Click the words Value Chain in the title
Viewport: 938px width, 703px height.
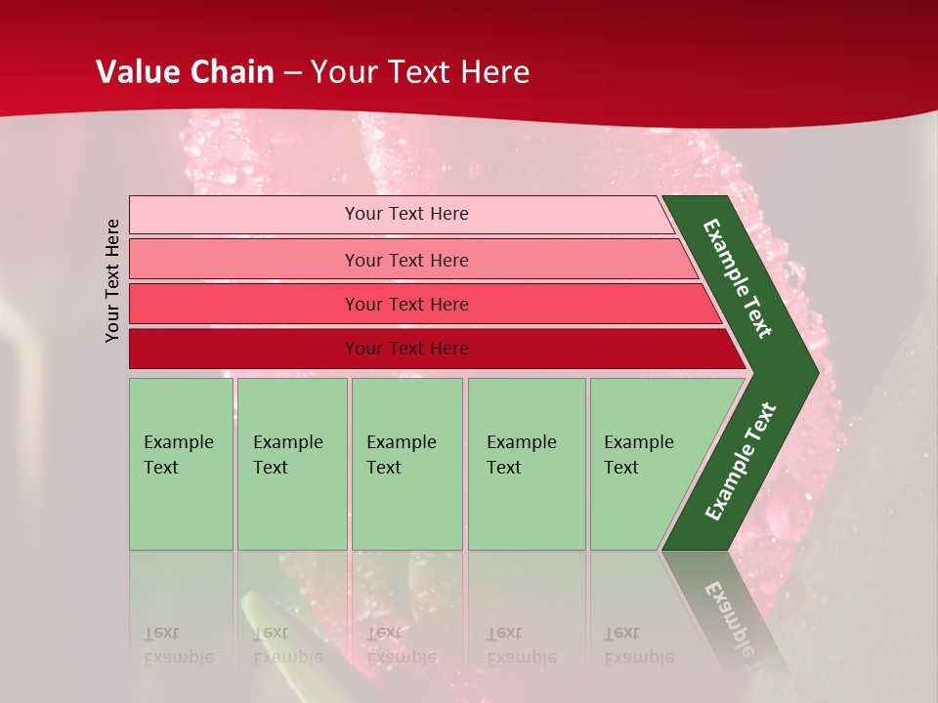(185, 72)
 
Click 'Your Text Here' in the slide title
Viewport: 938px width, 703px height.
(420, 72)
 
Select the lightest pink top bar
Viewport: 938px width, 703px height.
(244, 214)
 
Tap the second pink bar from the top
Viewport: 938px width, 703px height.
(244, 260)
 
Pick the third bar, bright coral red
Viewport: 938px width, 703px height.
(244, 304)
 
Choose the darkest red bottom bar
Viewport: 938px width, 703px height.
(244, 349)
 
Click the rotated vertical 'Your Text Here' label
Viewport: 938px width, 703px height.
(112, 280)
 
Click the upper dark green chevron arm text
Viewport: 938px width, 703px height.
(738, 278)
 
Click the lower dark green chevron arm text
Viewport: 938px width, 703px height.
(741, 461)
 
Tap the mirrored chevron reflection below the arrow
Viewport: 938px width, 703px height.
(728, 615)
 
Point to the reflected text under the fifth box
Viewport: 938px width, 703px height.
(638, 644)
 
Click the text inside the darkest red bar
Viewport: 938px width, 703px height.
(406, 349)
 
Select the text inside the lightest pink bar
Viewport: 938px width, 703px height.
(406, 214)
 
